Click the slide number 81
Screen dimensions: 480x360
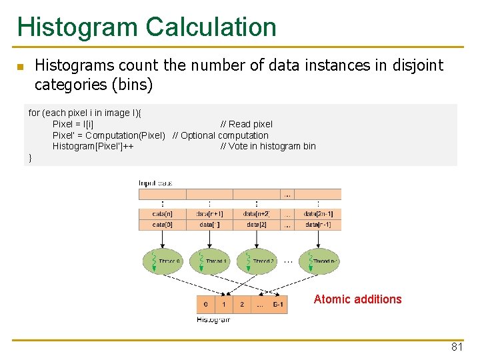click(457, 347)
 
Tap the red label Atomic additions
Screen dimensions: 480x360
click(357, 299)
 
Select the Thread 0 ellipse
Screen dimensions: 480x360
click(162, 261)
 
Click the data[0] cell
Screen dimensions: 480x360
click(162, 225)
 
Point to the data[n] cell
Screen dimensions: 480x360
click(162, 214)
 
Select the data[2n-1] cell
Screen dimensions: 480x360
click(318, 214)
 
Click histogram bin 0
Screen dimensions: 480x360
click(206, 305)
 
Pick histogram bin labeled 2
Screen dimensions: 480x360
click(242, 305)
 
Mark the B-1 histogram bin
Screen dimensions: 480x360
click(279, 305)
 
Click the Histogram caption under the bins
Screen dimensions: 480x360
click(213, 320)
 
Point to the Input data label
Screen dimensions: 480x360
click(155, 183)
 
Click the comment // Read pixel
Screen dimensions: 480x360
click(247, 124)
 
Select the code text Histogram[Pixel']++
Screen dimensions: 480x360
click(92, 147)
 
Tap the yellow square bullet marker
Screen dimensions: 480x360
click(20, 67)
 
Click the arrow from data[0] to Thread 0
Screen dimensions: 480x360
click(162, 239)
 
